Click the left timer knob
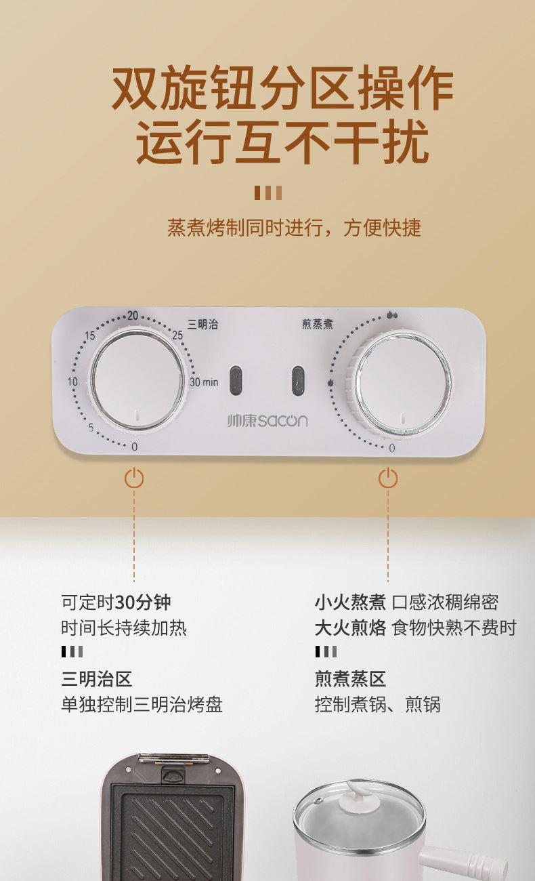point(137,380)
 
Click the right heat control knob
point(400,384)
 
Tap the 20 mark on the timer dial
point(133,315)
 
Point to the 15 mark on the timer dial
point(90,335)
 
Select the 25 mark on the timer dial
point(177,335)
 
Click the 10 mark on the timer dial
point(72,382)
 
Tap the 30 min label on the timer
point(204,382)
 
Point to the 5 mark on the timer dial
point(91,428)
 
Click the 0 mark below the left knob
point(135,447)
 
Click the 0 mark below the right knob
point(392,448)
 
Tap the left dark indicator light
point(236,381)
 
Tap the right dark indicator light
point(298,381)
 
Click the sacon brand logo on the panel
point(267,421)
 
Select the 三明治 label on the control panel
point(202,325)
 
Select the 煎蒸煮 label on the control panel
point(317,324)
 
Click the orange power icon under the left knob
point(134,478)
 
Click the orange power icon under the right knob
point(388,478)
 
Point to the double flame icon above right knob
point(392,314)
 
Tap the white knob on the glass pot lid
point(358,794)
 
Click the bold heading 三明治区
point(97,679)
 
